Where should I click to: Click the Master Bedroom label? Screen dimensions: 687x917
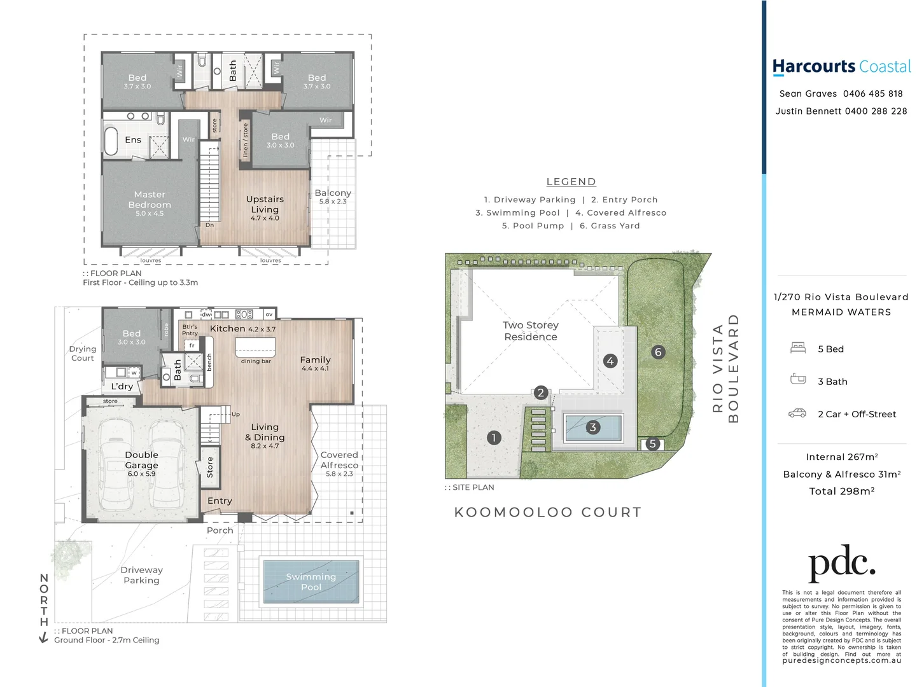150,200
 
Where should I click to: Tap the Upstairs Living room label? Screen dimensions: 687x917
265,204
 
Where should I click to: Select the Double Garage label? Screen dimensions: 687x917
141,460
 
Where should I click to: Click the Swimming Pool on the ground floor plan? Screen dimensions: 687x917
311,581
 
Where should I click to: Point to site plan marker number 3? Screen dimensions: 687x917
592,427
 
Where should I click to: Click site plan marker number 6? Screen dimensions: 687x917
658,352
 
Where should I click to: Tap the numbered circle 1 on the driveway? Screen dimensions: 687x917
494,438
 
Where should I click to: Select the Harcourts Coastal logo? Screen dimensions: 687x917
841,67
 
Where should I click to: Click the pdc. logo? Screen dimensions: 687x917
841,562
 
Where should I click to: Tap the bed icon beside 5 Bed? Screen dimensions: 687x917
797,348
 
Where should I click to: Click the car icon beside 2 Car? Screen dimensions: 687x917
797,413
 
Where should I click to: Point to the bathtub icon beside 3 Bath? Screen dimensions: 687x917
797,379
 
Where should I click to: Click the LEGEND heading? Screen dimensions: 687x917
571,182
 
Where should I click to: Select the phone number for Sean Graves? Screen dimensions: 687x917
872,94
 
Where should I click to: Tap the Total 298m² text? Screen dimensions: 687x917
841,491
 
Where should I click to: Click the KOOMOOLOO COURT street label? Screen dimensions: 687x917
548,513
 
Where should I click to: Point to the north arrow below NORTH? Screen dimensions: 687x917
43,637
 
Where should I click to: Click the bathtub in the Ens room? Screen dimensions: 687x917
111,141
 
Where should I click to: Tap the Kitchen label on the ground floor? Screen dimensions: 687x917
227,329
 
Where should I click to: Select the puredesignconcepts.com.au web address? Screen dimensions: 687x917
841,661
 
